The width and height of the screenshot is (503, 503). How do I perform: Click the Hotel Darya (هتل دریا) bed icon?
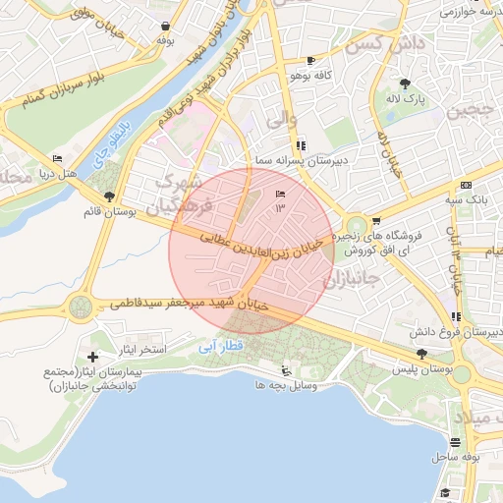pyautogui.click(x=57, y=158)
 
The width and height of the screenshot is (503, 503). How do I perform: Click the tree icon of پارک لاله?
pyautogui.click(x=405, y=84)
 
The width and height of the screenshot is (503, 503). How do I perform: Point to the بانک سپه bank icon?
pyautogui.click(x=465, y=185)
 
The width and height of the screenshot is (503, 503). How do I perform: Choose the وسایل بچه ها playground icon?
pyautogui.click(x=285, y=371)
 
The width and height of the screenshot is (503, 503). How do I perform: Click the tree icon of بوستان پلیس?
pyautogui.click(x=421, y=354)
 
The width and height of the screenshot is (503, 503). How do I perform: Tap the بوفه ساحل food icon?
pyautogui.click(x=454, y=442)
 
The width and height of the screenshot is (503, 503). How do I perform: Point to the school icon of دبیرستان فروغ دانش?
pyautogui.click(x=456, y=315)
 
